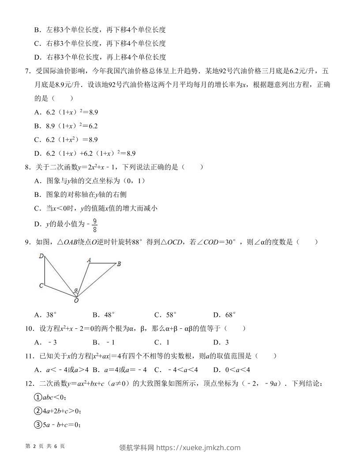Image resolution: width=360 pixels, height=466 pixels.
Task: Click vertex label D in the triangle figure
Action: (x=41, y=256)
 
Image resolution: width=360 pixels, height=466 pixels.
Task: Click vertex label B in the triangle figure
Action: (x=119, y=264)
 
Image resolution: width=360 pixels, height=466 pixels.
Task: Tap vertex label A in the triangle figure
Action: (x=89, y=260)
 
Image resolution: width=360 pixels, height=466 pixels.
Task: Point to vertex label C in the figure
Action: (x=41, y=286)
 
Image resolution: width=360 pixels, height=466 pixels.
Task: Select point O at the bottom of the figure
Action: (x=76, y=301)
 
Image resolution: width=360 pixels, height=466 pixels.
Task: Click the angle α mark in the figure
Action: (x=76, y=290)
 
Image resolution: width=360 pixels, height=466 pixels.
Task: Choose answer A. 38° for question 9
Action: (x=46, y=315)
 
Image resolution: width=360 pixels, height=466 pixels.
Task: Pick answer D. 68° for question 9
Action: (x=224, y=315)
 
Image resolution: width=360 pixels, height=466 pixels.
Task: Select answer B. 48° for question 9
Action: (x=104, y=315)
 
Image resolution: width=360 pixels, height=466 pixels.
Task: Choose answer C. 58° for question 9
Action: (x=165, y=315)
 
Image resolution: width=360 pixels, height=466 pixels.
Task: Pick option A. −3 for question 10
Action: (x=46, y=342)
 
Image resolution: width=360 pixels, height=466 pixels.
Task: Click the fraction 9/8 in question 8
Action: (x=95, y=225)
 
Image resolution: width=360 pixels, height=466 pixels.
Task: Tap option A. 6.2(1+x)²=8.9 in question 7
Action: (x=66, y=112)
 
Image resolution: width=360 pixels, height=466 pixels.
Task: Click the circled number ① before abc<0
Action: (x=37, y=397)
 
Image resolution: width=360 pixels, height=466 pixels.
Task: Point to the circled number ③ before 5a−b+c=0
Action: (x=37, y=425)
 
